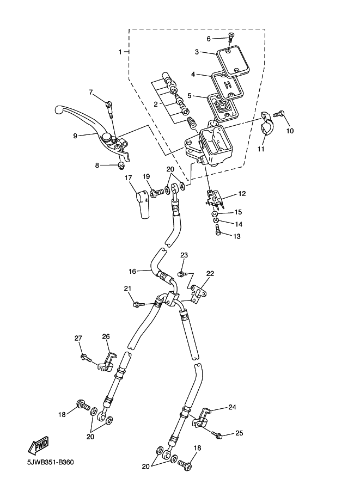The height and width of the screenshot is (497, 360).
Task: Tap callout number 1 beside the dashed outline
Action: (x=120, y=52)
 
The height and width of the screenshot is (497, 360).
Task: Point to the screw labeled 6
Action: (x=231, y=37)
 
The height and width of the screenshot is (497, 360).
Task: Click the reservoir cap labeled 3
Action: (x=233, y=61)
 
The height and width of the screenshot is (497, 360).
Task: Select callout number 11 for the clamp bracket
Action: (x=261, y=149)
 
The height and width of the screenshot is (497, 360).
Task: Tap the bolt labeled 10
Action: (x=279, y=114)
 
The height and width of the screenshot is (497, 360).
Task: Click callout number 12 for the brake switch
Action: (x=242, y=194)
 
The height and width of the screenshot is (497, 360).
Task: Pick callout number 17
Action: (x=129, y=178)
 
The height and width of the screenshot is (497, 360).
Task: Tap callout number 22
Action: (x=210, y=273)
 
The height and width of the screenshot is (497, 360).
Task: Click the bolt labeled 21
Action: (x=137, y=304)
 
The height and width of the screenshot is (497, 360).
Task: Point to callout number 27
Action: (x=78, y=338)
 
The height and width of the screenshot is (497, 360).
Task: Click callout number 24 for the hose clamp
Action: (x=233, y=407)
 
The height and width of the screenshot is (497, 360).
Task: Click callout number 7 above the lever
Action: (x=91, y=92)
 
